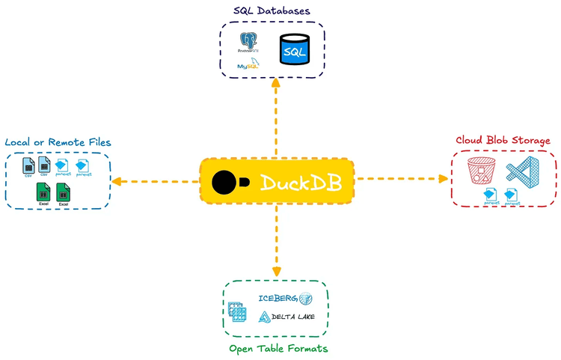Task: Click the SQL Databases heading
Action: coord(272,10)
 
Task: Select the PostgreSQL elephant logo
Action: coord(248,41)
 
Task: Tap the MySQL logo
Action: coord(248,65)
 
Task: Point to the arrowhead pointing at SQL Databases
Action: coord(276,83)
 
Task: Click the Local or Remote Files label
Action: coord(58,142)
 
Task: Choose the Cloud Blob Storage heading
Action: coord(503,140)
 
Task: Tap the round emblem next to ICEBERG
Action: coord(305,299)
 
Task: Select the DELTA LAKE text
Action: coord(292,317)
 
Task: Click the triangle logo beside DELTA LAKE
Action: coord(263,317)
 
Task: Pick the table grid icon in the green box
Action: coord(239,311)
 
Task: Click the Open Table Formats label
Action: coord(278,349)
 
